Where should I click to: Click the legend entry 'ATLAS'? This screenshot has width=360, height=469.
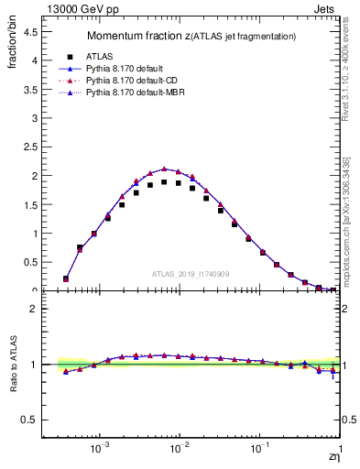98,56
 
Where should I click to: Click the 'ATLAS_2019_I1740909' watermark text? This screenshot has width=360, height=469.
191,274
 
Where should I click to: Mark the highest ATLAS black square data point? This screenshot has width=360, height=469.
164,182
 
